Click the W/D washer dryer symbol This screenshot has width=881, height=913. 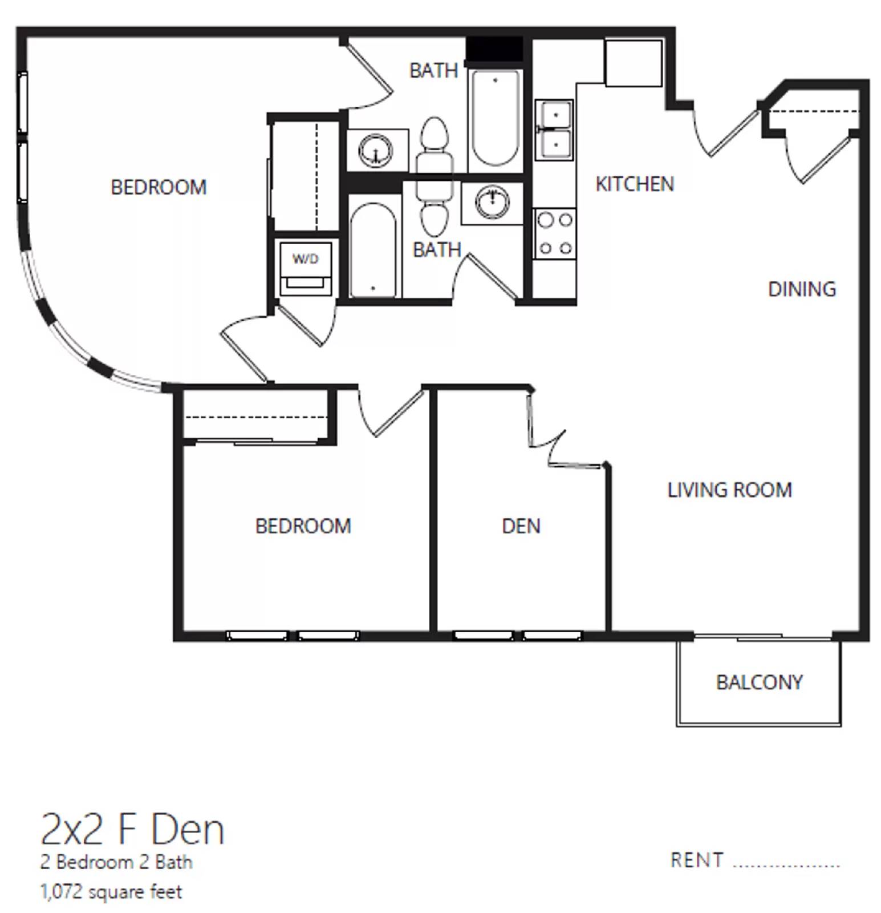[x=305, y=267]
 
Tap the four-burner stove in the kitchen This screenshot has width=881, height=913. [x=555, y=233]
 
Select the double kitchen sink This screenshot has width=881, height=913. [x=554, y=130]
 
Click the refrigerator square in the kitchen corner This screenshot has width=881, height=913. [x=633, y=63]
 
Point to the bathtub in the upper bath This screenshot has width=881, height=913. [x=494, y=117]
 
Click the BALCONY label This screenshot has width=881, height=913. [x=759, y=682]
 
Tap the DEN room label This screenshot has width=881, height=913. [x=521, y=526]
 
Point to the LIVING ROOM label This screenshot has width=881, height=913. [x=729, y=490]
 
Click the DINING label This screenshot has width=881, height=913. [x=802, y=289]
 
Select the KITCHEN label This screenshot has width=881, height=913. [x=635, y=184]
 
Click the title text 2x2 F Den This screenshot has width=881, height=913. [x=132, y=830]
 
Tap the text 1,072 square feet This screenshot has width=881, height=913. [x=111, y=891]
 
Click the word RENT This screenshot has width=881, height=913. [x=697, y=860]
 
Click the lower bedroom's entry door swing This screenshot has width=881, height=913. [x=388, y=414]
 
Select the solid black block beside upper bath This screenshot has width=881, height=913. [x=494, y=49]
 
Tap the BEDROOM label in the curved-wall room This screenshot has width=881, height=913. [x=159, y=187]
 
